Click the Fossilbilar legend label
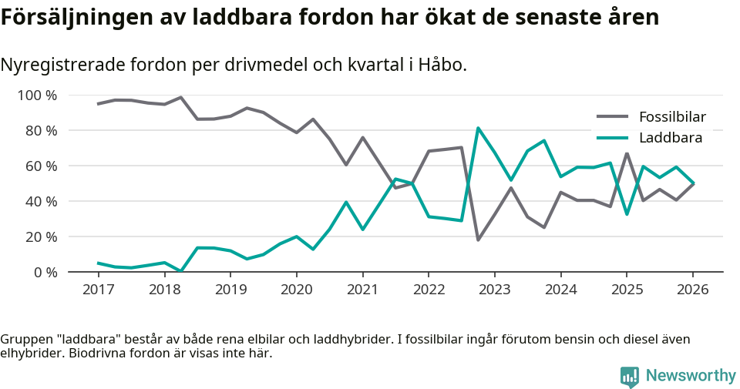point(672,117)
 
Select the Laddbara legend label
point(670,139)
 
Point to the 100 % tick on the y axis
point(38,96)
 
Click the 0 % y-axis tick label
point(45,272)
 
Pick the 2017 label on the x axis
point(98,290)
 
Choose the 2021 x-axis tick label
point(362,290)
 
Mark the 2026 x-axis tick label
point(692,290)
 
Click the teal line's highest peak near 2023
point(478,128)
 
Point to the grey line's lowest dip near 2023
point(478,240)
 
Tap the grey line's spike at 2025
point(627,153)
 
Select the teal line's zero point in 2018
point(180,271)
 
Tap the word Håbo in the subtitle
point(442,65)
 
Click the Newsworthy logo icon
point(630,377)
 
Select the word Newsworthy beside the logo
point(691,376)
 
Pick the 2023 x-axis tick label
point(494,290)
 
